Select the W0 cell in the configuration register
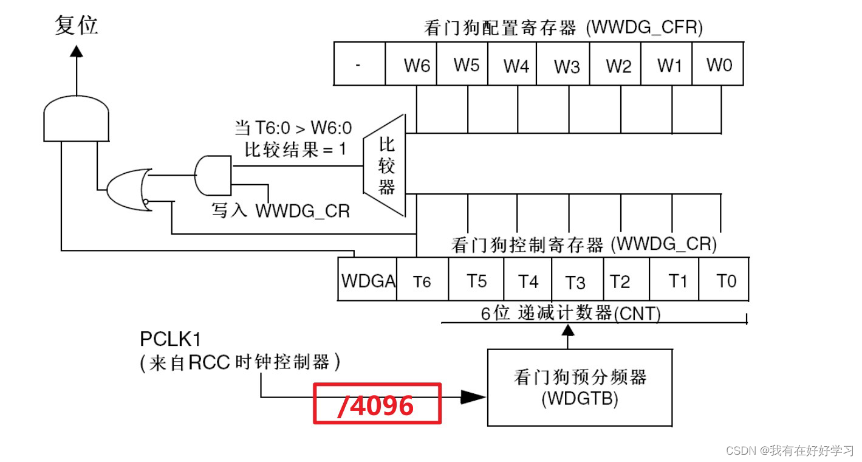pos(719,64)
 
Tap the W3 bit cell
pos(566,64)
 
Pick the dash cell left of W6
pos(359,64)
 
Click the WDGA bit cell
pos(368,280)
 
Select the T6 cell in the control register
pos(422,280)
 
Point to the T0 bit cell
pos(725,280)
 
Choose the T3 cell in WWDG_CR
pos(575,281)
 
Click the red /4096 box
pos(377,404)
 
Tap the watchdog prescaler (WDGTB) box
pos(580,387)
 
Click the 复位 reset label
pos(76,26)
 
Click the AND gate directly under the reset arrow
pos(77,119)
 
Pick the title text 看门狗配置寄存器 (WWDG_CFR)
pos(562,28)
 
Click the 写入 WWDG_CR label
pos(280,210)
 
